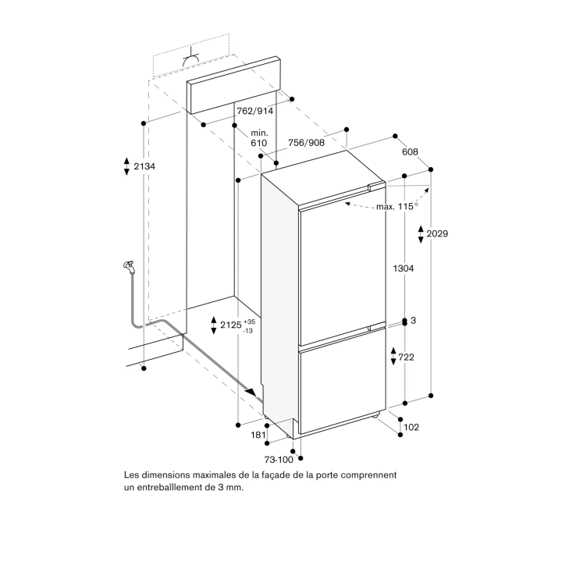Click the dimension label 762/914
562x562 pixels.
click(254, 111)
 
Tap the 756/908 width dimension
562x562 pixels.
click(306, 143)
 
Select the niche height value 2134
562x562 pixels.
click(144, 166)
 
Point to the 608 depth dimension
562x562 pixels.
click(410, 152)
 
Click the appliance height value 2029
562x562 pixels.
click(437, 233)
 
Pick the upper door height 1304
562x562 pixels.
click(404, 268)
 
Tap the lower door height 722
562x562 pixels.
click(406, 357)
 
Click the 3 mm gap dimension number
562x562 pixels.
click(413, 321)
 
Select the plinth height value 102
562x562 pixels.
click(411, 427)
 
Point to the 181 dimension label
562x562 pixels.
click(258, 435)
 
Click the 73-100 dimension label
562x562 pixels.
click(279, 460)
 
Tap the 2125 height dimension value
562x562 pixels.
click(231, 325)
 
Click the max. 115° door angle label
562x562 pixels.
click(397, 206)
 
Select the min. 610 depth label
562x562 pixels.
click(259, 138)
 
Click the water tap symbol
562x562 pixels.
click(129, 267)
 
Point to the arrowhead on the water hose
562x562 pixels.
click(251, 391)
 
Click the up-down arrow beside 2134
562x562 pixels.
click(126, 166)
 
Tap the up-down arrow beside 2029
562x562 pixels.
click(421, 234)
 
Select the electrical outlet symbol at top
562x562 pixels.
click(191, 59)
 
